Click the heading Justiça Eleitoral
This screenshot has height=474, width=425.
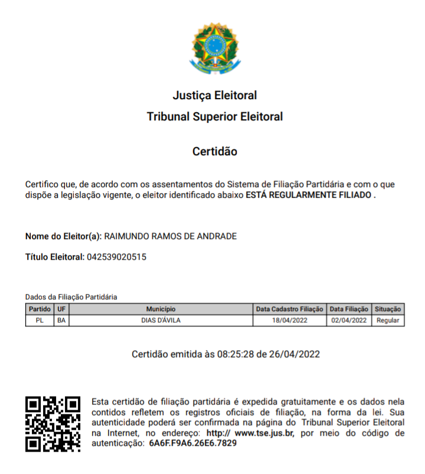[x=215, y=95]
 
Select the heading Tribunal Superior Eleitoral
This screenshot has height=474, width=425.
[x=215, y=117]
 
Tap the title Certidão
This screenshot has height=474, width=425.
[x=215, y=152]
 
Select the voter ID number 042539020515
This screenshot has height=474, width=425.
[x=117, y=257]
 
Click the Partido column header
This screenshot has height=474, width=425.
[x=40, y=309]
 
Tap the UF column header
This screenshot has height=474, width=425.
[x=61, y=309]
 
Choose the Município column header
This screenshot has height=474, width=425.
[x=161, y=309]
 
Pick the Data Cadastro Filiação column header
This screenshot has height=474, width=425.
[x=289, y=309]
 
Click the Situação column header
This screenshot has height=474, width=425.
[x=388, y=309]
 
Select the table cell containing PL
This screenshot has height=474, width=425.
[x=40, y=321]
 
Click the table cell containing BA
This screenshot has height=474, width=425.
[x=61, y=321]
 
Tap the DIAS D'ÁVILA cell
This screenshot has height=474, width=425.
[x=161, y=321]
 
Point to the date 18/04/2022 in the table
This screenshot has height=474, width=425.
[x=289, y=321]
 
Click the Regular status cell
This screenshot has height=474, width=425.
[x=388, y=321]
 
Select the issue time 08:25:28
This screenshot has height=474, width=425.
[x=236, y=354]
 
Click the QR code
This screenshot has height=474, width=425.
[x=53, y=423]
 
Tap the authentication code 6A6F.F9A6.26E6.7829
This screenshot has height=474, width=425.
[x=193, y=443]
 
